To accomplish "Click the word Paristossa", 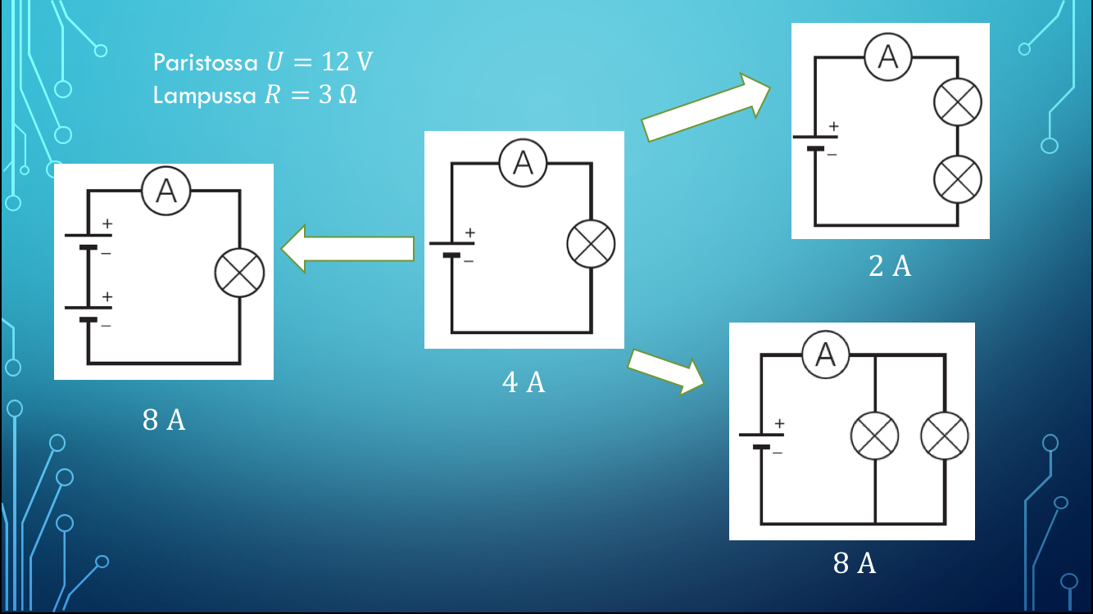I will (205, 62).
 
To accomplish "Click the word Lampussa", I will (205, 95).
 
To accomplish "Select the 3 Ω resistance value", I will (338, 95).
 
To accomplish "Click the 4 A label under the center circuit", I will (524, 382).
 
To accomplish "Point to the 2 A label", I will (890, 266).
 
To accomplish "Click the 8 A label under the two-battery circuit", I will (164, 420).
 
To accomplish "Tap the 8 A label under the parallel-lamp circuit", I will (855, 563).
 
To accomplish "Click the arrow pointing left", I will (347, 249).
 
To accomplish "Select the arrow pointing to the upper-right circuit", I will (705, 107).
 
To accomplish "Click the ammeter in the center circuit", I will (523, 163).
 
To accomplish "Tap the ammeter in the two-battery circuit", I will (166, 191).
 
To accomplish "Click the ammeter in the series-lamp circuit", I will (887, 56).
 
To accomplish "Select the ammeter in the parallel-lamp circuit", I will (826, 354).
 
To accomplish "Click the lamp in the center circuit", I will (591, 244).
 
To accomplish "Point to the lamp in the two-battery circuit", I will (239, 273).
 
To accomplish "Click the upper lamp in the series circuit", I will (958, 102).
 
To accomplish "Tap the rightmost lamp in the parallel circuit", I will (945, 436).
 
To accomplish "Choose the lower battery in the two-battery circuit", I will (88, 312).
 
